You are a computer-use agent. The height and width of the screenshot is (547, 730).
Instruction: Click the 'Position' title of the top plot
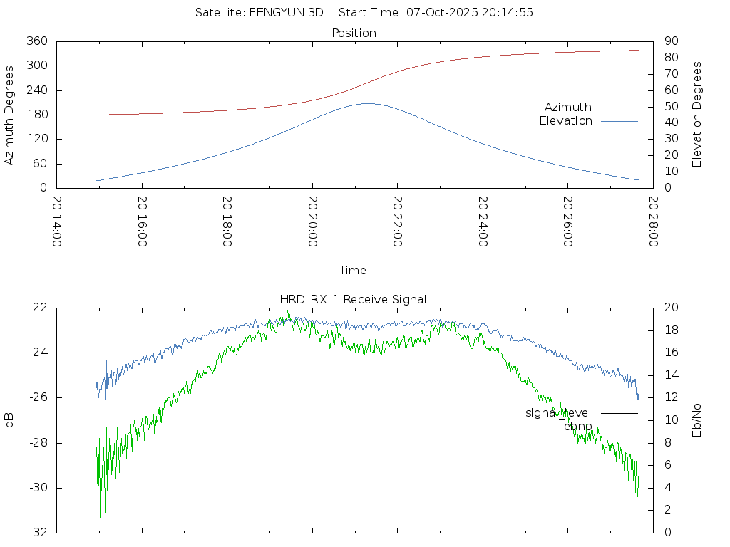pyautogui.click(x=354, y=33)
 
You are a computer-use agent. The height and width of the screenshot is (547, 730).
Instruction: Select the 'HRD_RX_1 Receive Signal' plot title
pyautogui.click(x=354, y=299)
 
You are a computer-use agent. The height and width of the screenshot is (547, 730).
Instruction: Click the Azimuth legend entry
pyautogui.click(x=568, y=108)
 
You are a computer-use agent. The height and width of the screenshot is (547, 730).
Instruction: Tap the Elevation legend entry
pyautogui.click(x=566, y=121)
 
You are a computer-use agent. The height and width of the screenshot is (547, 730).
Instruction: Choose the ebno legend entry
pyautogui.click(x=578, y=426)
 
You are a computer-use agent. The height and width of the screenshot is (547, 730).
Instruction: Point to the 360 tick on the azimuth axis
pyautogui.click(x=37, y=41)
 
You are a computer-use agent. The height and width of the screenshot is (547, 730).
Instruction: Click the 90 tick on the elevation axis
pyautogui.click(x=669, y=41)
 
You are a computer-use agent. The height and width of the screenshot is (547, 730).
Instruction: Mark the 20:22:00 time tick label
pyautogui.click(x=397, y=222)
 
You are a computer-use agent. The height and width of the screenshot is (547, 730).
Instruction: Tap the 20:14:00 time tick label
pyautogui.click(x=57, y=222)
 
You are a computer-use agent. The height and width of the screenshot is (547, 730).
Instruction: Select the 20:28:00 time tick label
pyautogui.click(x=652, y=222)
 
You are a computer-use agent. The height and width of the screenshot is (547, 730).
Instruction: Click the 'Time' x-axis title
pyautogui.click(x=353, y=271)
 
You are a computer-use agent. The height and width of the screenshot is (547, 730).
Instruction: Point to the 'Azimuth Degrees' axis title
pyautogui.click(x=10, y=115)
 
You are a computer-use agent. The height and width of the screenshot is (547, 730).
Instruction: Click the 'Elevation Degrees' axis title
pyautogui.click(x=698, y=115)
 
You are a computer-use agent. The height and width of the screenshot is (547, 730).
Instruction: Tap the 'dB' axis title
pyautogui.click(x=10, y=420)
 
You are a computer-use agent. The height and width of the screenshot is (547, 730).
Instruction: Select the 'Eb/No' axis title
pyautogui.click(x=698, y=420)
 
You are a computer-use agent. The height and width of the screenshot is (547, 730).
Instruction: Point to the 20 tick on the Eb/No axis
pyautogui.click(x=669, y=308)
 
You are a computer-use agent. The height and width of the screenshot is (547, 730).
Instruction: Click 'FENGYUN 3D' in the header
pyautogui.click(x=286, y=12)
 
